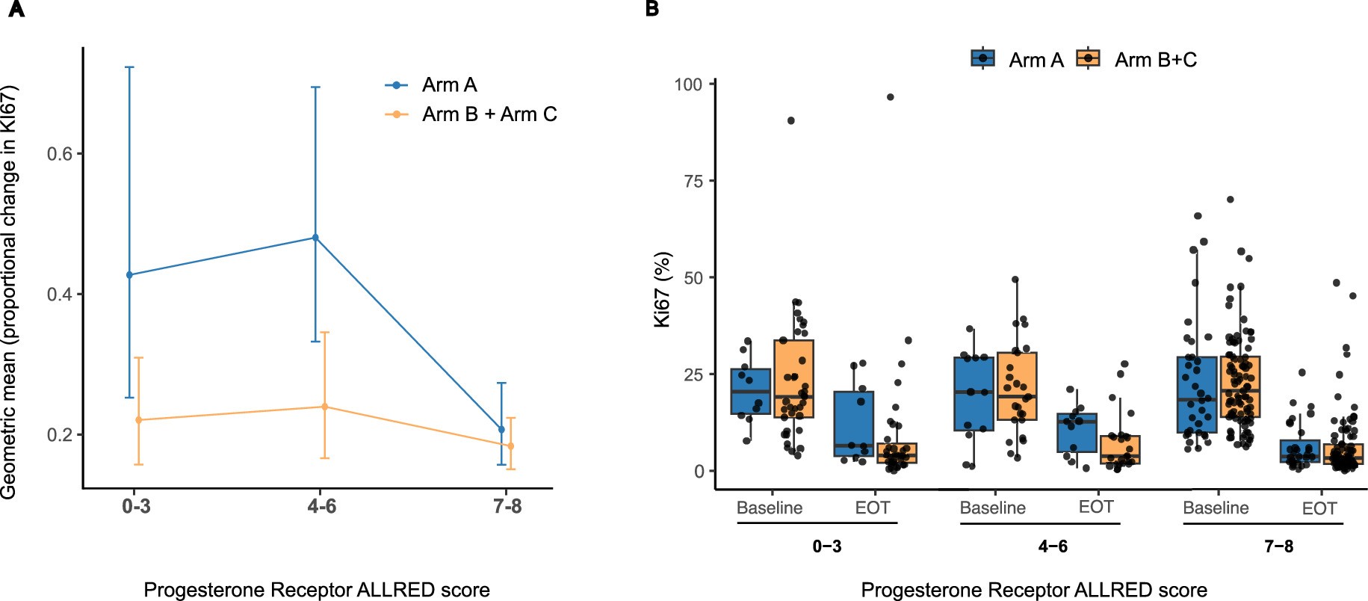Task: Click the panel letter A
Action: coord(16,10)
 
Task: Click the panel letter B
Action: coord(652,10)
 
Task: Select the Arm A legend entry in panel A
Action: coord(449,85)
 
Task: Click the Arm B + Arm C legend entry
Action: coord(489,114)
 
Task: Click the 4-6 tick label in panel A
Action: coord(321,507)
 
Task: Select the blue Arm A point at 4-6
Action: coord(315,238)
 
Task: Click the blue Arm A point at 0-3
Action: coord(129,275)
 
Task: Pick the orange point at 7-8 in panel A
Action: coord(511,446)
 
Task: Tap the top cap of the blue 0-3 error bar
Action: coord(129,67)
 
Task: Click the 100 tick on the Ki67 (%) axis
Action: coord(688,84)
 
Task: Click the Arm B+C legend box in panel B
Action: coord(1089,58)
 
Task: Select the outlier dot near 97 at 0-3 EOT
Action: coord(890,97)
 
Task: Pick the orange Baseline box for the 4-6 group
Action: coord(1017,386)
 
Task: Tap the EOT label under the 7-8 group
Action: coord(1319,508)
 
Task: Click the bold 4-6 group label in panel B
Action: coord(1052,546)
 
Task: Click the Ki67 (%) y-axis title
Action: coord(663,289)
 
